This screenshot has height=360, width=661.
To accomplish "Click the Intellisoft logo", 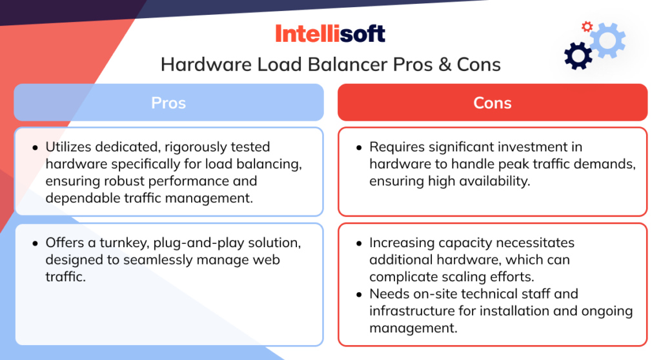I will click(330, 33).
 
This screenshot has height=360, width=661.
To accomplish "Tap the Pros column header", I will click(168, 103).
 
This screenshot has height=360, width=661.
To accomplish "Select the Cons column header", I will click(492, 103).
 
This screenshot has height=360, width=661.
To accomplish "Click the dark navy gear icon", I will click(578, 56).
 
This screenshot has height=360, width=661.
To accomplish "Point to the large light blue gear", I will click(607, 39).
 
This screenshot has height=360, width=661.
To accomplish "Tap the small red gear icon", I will click(587, 26).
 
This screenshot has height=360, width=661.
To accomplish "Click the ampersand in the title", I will click(441, 65).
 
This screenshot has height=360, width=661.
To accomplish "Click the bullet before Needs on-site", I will click(359, 295).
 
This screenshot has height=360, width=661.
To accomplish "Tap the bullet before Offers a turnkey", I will click(35, 244).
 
